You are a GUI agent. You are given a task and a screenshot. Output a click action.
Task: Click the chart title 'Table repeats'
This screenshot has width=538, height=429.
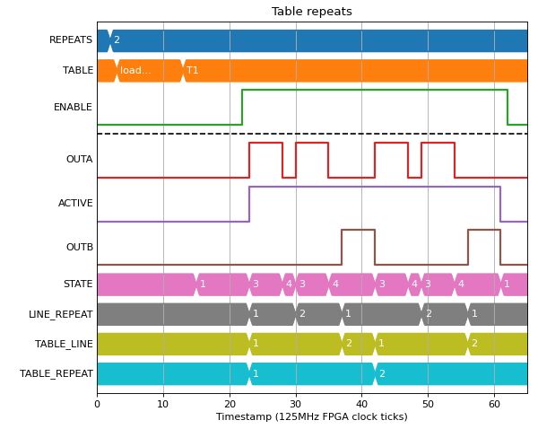pos(311,12)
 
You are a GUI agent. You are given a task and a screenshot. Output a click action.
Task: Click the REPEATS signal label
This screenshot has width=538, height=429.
pos(71,39)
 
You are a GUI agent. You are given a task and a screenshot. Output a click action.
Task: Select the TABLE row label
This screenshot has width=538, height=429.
pos(78,70)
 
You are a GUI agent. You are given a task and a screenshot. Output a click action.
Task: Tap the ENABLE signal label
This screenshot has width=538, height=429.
pos(73,107)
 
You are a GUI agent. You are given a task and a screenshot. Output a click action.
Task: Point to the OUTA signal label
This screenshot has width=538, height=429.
pos(79,160)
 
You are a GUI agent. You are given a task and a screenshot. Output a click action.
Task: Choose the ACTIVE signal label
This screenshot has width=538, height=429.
pos(75,204)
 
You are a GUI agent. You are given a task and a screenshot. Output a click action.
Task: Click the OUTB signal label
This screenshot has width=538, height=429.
pos(80,247)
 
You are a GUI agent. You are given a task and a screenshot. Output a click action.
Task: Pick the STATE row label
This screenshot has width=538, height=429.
pos(78,284)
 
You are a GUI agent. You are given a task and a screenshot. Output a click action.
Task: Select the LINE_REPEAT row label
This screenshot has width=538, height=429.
pos(60,314)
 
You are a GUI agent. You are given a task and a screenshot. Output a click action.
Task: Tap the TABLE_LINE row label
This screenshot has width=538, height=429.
pos(64,344)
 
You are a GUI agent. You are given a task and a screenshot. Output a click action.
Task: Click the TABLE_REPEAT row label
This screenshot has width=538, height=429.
pos(56,373)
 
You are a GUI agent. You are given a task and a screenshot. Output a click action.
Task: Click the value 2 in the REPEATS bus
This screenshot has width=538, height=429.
pos(117,39)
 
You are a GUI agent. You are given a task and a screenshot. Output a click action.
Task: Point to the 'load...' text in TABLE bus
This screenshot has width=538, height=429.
pos(135,70)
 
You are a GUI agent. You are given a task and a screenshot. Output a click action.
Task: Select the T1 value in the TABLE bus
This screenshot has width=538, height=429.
pos(193,70)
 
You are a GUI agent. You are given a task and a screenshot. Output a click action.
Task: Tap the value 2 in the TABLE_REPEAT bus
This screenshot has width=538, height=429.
pos(382,373)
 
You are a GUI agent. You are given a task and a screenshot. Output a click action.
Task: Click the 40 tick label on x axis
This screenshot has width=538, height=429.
pos(361,404)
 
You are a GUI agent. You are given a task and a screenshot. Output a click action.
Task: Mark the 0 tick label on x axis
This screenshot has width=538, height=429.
pos(97,404)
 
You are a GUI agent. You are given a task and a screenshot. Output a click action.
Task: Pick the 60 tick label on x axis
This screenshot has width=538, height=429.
pos(494,404)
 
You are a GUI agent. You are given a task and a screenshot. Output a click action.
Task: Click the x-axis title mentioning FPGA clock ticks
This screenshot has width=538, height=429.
pos(311,417)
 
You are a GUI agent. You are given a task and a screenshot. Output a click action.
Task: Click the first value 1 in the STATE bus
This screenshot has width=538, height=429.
pos(203,284)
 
